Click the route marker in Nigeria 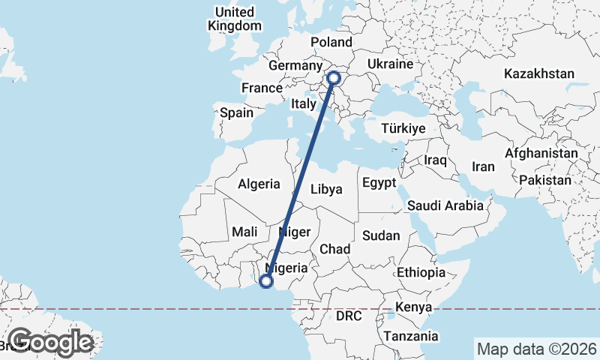[x=265, y=282]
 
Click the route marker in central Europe [x=334, y=77]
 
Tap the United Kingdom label [x=235, y=19]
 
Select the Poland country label [x=331, y=42]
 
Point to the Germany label [x=295, y=66]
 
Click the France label [x=261, y=88]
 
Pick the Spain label [x=236, y=113]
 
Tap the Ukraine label [x=390, y=65]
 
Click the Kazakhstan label [x=539, y=74]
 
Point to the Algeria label [x=259, y=184]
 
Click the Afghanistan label [x=541, y=153]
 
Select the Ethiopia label [x=421, y=271]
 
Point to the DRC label [x=349, y=316]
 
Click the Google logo [x=50, y=342]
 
